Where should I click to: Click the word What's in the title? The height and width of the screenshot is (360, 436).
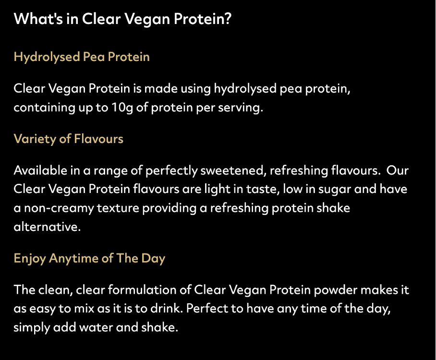[38, 19]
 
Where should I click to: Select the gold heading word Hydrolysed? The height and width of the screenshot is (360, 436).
[47, 57]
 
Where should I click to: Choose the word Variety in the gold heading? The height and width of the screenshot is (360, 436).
[35, 139]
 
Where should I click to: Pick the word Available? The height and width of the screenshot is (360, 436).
[40, 170]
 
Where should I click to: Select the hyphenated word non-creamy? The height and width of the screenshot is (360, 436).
[59, 208]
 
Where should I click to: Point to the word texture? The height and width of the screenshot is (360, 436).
[118, 208]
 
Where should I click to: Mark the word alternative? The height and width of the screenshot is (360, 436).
[47, 227]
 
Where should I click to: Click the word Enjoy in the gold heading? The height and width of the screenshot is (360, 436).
[30, 259]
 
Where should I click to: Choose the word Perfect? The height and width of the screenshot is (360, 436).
[207, 309]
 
